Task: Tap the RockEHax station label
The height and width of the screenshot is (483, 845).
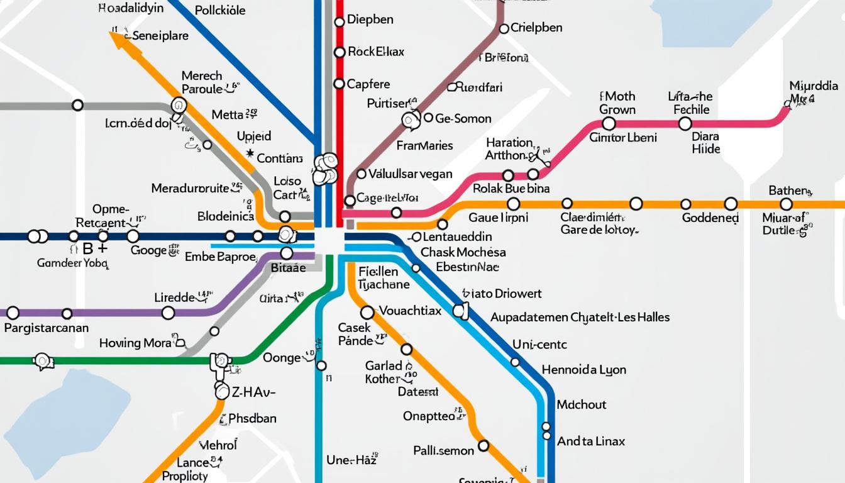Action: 375,52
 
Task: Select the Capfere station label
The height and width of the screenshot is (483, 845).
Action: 368,84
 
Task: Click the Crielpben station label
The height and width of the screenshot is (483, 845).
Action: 536,28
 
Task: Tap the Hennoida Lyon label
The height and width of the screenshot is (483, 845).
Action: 583,370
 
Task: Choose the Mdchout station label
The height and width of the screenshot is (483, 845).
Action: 582,404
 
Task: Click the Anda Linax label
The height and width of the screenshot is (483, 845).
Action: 591,441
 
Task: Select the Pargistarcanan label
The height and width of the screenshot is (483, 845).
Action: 46,328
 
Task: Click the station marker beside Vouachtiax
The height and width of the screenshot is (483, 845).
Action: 367,313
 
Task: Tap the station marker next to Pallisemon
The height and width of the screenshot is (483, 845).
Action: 483,446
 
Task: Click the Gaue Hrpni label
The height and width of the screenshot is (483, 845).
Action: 498,218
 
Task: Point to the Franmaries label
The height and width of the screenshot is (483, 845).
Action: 424,146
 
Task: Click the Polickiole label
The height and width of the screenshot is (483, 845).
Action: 220,11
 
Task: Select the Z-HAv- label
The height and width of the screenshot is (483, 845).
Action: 253,392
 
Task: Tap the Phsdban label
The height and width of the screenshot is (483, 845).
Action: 252,418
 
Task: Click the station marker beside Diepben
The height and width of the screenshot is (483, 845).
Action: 340,21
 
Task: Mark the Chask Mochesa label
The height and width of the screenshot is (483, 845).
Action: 463,252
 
